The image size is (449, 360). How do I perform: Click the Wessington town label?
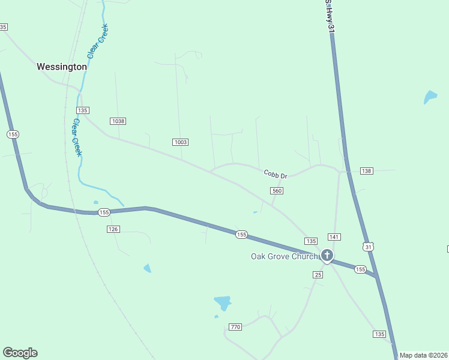(61, 67)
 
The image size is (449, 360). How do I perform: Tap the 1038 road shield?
(118, 121)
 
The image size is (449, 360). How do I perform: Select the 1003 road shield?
(180, 142)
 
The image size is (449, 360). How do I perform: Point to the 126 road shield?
(113, 229)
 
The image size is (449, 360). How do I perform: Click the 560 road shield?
(276, 191)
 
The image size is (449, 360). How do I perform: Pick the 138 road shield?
(367, 171)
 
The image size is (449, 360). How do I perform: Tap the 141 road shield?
(334, 237)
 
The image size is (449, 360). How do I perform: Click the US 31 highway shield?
(369, 247)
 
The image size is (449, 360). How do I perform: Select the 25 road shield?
(318, 274)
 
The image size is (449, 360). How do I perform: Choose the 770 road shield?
(235, 327)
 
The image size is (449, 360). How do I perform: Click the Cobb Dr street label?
(276, 174)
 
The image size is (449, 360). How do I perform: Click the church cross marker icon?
(327, 256)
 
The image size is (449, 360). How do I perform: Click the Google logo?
(20, 353)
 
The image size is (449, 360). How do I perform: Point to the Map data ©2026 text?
(423, 355)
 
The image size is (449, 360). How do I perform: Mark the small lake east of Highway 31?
(430, 96)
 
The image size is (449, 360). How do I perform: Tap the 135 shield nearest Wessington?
(83, 110)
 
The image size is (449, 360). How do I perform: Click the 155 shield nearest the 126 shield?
(104, 212)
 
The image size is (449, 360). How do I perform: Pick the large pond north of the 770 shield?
(223, 302)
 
